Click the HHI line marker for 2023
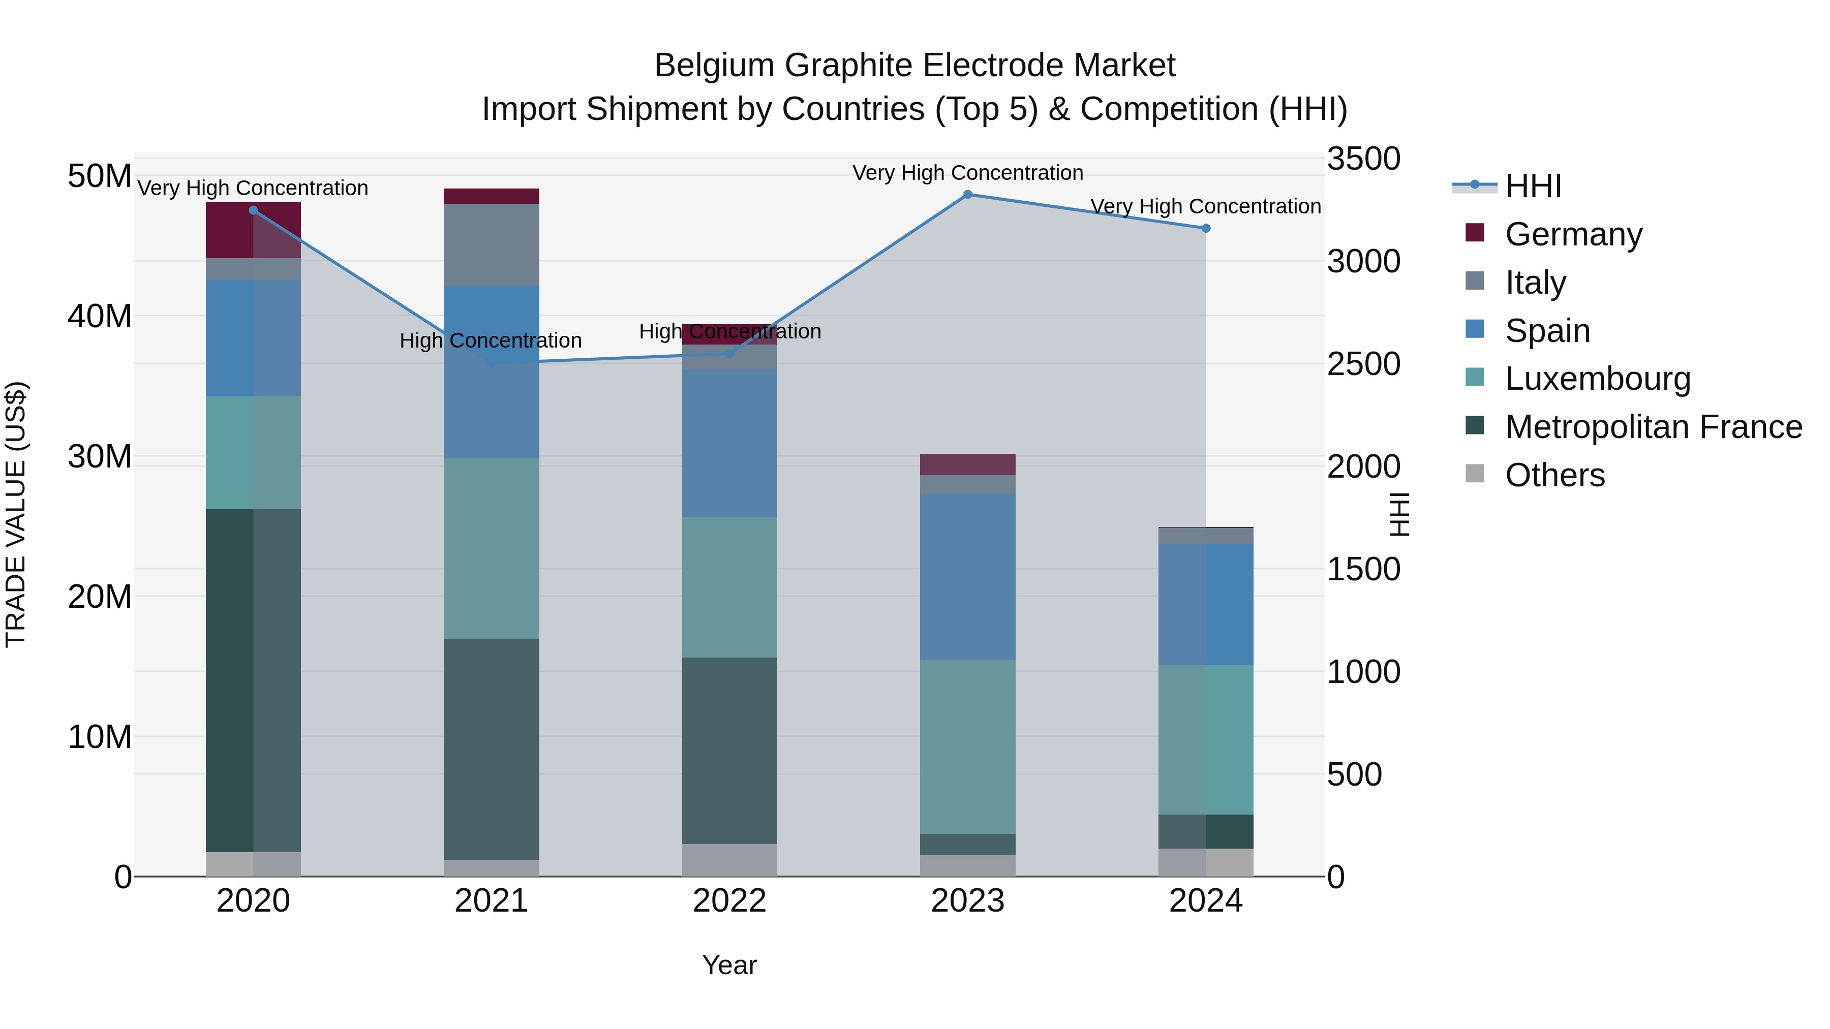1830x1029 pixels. pos(967,195)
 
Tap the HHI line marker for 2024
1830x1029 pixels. pos(1206,229)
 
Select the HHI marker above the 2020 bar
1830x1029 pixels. pos(253,210)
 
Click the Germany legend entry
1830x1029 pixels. pos(1573,234)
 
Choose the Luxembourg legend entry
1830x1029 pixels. pos(1597,379)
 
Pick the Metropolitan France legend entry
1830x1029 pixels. pos(1653,427)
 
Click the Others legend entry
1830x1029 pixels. pos(1554,475)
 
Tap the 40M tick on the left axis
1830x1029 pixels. pos(100,316)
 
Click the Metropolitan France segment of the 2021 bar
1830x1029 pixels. pos(491,749)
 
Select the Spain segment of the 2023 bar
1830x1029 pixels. pos(967,577)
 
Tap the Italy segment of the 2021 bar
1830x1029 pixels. pos(491,244)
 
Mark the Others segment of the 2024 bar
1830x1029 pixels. pos(1206,862)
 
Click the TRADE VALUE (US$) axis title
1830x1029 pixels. pos(16,514)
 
